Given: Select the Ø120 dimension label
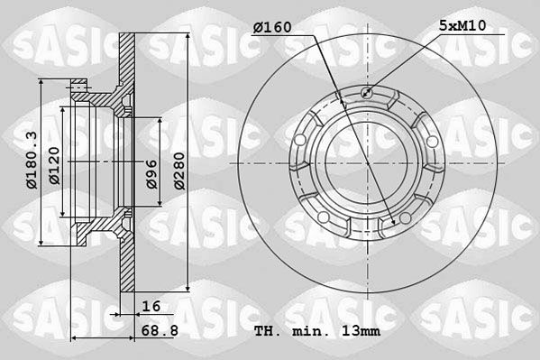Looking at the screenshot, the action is pos(54,166).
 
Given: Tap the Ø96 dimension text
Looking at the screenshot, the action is pos(151,174).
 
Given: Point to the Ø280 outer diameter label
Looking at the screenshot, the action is pos(179,171).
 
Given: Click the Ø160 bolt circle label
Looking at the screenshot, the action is pos(272,28).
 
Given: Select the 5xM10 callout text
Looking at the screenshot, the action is pos(462,25).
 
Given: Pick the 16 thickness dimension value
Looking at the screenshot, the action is pos(151,306).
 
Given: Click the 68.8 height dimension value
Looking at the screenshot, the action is pos(160,331).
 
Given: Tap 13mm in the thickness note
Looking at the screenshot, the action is pos(361,331).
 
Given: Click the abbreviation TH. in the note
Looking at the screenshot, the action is pos(267,331).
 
